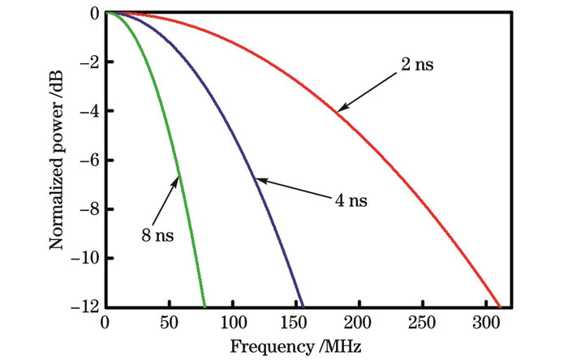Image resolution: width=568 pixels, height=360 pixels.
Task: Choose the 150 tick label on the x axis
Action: coord(296,321)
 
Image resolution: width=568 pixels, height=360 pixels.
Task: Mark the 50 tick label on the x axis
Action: coord(169,321)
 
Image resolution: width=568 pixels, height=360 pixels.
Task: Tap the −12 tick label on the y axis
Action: coord(84,307)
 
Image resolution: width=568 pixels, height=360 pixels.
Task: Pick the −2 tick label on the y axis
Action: coord(88,62)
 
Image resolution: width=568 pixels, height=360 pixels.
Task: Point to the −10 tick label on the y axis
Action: coord(84,259)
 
